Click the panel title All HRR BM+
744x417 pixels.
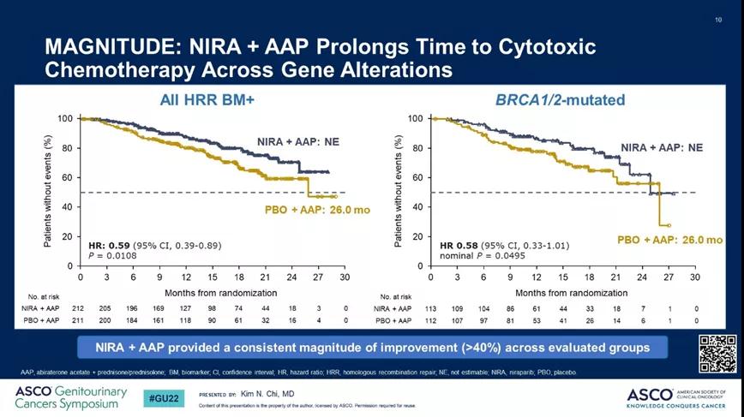click(207, 100)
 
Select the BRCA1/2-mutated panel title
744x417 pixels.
click(561, 100)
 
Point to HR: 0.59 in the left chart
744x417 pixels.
click(105, 246)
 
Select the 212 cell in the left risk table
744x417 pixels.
click(80, 306)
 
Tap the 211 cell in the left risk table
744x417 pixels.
click(80, 319)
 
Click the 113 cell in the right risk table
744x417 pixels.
click(431, 306)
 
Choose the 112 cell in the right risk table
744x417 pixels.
click(431, 319)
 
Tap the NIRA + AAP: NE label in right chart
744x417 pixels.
click(662, 147)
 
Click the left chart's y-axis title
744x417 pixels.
click(52, 190)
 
